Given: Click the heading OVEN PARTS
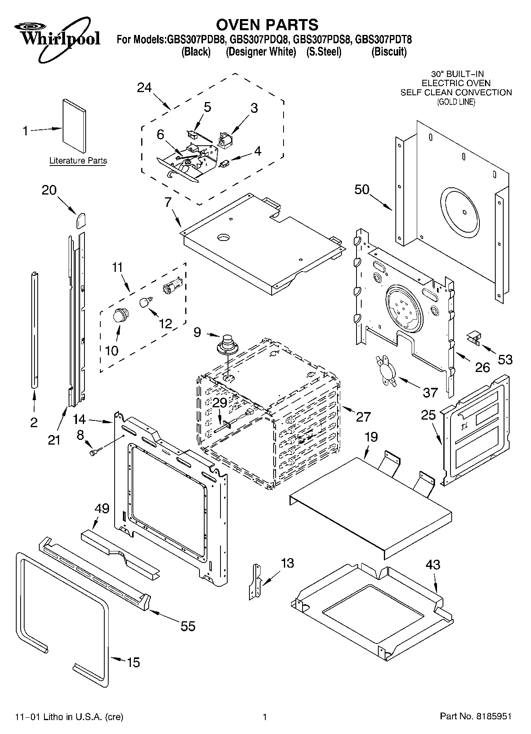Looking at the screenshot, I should (x=267, y=24).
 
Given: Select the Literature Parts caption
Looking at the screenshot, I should (x=78, y=161).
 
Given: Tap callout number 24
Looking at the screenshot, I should (x=144, y=87).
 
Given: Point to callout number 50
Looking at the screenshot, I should (x=362, y=189).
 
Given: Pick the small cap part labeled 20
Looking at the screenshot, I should (x=81, y=220).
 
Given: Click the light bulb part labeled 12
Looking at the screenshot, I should (x=146, y=302).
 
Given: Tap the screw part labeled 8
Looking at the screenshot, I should (x=95, y=451).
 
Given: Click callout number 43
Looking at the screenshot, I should (x=433, y=564).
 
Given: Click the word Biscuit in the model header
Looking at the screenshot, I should (x=389, y=52).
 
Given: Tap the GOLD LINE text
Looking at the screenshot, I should (x=456, y=102).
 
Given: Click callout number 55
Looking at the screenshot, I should (x=188, y=626).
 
